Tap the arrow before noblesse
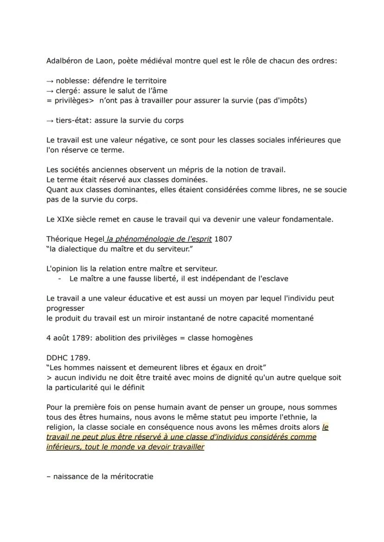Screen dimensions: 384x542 [50, 81]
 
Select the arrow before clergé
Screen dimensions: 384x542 [50, 90]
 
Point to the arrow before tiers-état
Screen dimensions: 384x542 [50, 121]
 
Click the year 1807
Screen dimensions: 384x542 [224, 239]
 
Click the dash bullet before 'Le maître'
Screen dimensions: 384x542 [60, 279]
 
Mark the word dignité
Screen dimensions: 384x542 [234, 377]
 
